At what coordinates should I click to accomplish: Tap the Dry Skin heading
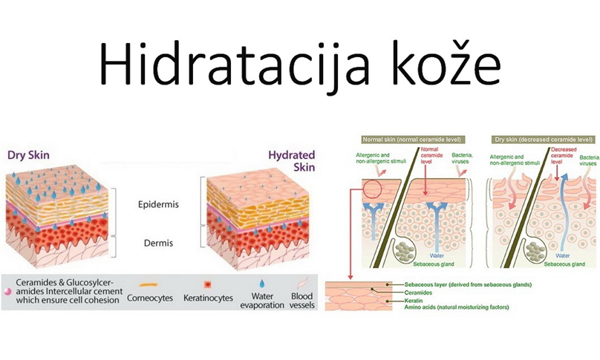pos(28,155)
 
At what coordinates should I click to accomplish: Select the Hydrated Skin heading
pos(292,160)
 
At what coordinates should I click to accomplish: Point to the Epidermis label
pos(158,204)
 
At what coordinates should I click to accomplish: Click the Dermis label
pos(158,243)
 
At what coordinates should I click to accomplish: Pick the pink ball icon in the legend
pos(7,291)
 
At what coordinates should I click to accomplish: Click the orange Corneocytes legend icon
pos(149,284)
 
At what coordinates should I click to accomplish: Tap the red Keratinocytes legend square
pos(207,284)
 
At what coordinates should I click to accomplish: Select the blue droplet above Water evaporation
pos(261,284)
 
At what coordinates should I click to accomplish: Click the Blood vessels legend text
pos(302,301)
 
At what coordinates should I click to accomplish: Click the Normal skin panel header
pos(411,140)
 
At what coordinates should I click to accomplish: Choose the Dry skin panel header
pos(544,140)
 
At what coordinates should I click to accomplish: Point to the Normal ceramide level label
pos(431,155)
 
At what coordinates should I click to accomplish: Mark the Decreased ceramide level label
pos(564,155)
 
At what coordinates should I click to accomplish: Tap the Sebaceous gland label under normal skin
pos(434,264)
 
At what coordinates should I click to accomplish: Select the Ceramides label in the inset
pos(418,292)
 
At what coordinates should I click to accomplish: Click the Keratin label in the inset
pos(414,301)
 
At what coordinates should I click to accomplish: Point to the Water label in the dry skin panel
pos(563,255)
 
